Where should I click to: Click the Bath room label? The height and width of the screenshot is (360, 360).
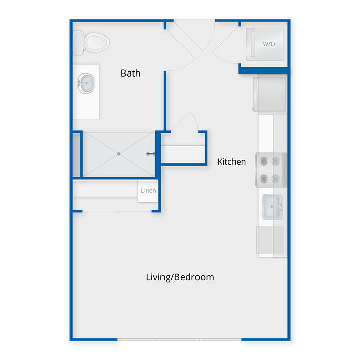click(x=131, y=73)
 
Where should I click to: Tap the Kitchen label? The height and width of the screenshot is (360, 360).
click(x=231, y=161)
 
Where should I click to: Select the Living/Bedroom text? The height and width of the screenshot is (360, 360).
click(x=180, y=277)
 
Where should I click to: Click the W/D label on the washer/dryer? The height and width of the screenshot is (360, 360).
click(x=268, y=44)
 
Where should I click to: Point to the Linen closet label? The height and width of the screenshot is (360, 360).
click(x=148, y=191)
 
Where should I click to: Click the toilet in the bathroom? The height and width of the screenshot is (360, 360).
click(x=91, y=43)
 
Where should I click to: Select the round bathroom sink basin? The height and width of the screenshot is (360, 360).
click(x=86, y=83)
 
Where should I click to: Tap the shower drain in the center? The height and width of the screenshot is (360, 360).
click(x=119, y=154)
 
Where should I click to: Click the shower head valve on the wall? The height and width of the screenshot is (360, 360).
click(x=150, y=154)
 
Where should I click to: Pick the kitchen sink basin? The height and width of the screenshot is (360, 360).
click(x=272, y=207)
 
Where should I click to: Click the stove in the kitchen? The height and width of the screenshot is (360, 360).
click(x=271, y=170)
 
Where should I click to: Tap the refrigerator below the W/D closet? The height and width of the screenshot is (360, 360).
click(x=270, y=94)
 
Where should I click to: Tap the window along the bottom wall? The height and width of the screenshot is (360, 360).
click(x=179, y=339)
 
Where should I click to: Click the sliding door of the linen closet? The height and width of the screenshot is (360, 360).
click(x=117, y=211)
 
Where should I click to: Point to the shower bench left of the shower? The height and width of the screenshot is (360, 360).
click(x=76, y=155)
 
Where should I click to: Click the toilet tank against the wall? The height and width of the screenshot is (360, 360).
click(x=78, y=43)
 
